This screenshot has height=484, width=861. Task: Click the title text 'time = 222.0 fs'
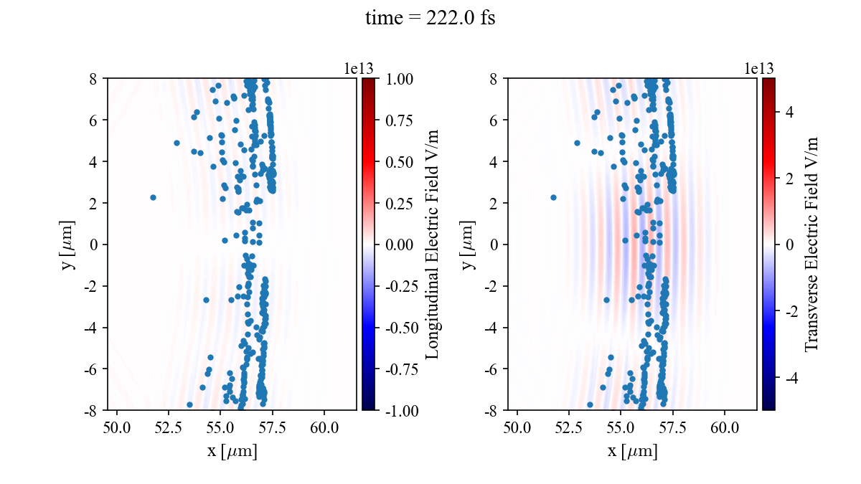[430, 18]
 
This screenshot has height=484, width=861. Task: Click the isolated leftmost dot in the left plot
[153, 197]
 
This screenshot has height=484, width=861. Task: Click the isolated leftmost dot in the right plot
[553, 197]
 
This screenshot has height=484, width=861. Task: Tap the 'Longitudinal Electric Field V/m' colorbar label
[433, 245]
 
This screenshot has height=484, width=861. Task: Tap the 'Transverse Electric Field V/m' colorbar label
[811, 245]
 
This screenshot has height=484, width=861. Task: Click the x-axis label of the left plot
[232, 452]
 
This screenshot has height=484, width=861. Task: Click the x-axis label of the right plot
[632, 452]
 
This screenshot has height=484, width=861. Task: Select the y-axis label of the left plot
[69, 245]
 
